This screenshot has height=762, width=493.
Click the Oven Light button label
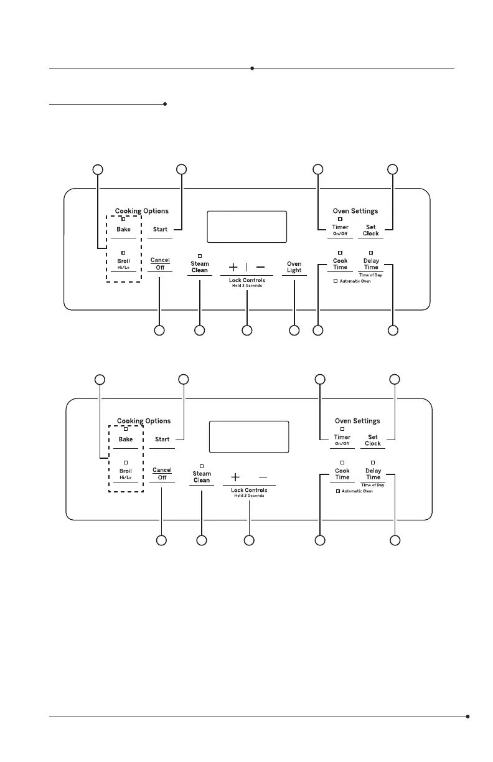click(x=294, y=267)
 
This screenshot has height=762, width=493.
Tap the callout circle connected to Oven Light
click(x=294, y=330)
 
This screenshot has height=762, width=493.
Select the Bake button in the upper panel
click(x=123, y=230)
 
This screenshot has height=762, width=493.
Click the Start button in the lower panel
click(x=162, y=440)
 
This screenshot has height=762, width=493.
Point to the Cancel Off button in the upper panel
click(x=160, y=264)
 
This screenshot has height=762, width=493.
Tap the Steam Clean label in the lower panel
click(x=202, y=477)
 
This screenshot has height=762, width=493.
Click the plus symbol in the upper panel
click(x=233, y=267)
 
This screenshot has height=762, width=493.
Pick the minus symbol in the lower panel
click(x=263, y=477)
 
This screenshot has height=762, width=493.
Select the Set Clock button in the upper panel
click(x=371, y=230)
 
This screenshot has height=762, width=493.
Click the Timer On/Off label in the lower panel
click(x=342, y=440)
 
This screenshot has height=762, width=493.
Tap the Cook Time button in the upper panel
click(x=340, y=264)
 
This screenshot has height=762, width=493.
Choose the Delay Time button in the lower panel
click(x=373, y=474)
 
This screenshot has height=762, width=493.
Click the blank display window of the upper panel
click(x=247, y=227)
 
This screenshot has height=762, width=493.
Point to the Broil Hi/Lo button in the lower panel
click(x=126, y=474)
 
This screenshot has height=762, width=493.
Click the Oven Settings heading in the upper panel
click(x=355, y=211)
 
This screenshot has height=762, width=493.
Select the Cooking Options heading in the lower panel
click(x=144, y=421)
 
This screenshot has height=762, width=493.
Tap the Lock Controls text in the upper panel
click(x=247, y=281)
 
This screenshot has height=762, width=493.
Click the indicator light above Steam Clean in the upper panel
click(x=200, y=255)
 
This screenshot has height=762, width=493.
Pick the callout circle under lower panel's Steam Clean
click(x=202, y=540)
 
